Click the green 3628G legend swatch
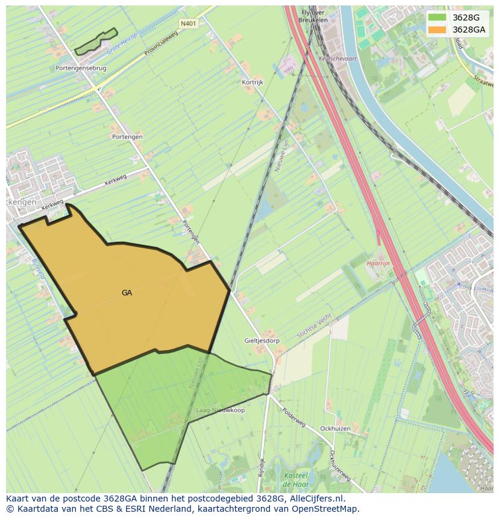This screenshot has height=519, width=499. coord(437,17)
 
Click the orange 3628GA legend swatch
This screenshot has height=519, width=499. coord(437,30)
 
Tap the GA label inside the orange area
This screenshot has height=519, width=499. coord(127,293)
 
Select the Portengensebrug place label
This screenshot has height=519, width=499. coord(81,68)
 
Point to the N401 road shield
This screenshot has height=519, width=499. coord(188,24)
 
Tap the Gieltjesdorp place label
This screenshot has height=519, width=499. coord(262,341)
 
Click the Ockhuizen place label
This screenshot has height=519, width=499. coord(335,429)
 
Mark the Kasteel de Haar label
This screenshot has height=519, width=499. coord(297,480)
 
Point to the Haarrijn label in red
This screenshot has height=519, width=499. coord(378,263)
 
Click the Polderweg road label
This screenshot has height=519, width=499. coord(295,417)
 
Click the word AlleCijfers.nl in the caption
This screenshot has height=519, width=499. coord(315,499)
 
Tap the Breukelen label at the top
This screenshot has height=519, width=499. coord(313,20)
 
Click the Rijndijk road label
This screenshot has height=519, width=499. coord(262,468)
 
